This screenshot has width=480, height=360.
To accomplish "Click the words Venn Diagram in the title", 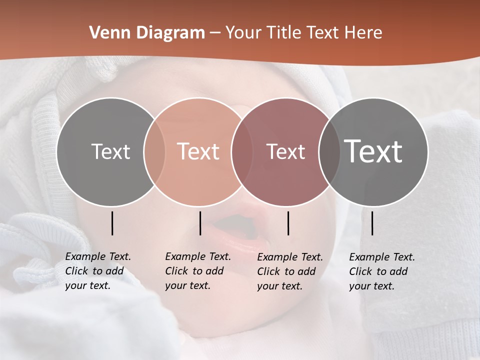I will [147, 33].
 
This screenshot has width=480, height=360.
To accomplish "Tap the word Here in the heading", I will [361, 33].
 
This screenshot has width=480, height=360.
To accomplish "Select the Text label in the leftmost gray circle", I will [110, 151].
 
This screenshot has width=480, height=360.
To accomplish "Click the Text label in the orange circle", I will [198, 151].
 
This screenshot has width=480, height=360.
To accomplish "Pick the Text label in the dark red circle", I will [285, 151].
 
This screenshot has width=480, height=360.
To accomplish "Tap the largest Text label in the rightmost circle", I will [373, 151].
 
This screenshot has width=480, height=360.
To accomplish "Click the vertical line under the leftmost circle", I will [112, 223].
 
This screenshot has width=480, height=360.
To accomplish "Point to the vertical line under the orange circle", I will [200, 223].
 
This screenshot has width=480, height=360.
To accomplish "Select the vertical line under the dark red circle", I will [288, 223].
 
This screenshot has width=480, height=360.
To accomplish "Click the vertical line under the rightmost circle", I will [372, 223].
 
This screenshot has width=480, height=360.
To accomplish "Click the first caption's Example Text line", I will [98, 256].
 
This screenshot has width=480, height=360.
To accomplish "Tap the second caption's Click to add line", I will [194, 271].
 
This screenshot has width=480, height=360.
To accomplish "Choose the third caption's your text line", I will [279, 286].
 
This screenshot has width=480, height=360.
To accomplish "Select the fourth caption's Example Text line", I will [382, 257].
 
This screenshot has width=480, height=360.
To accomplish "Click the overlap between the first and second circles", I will [154, 152].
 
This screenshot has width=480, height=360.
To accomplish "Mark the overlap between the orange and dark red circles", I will [242, 152].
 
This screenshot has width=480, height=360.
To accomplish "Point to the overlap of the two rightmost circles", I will [329, 152].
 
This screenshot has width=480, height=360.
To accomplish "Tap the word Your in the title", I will [244, 33].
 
